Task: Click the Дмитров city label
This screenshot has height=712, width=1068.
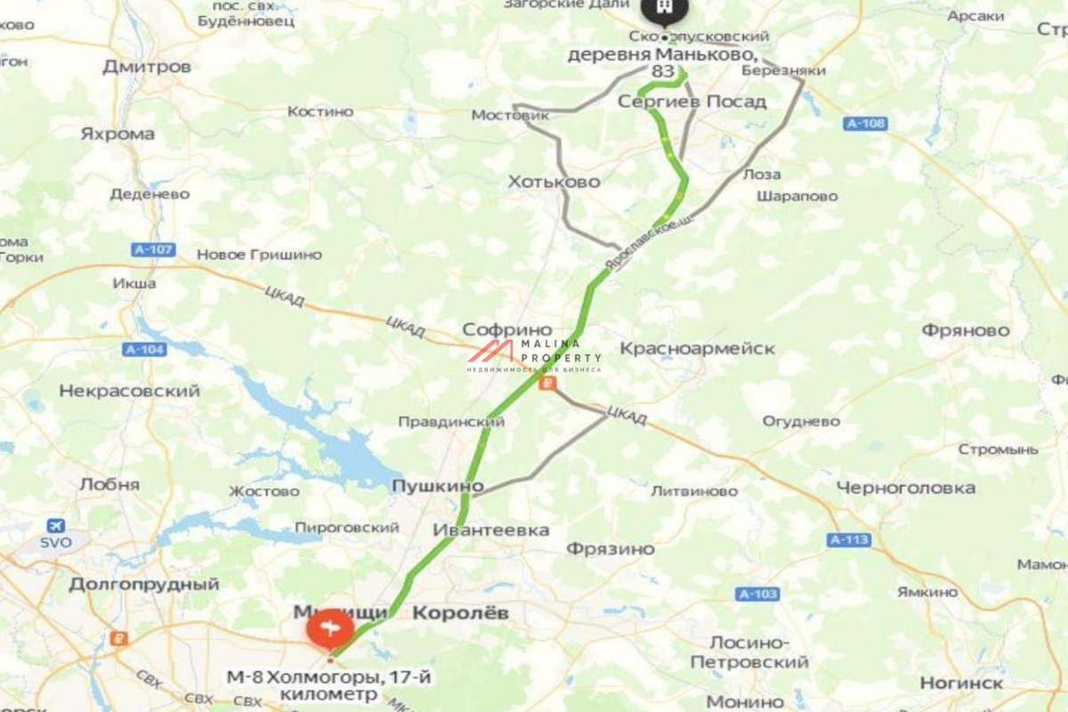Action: point(147,67)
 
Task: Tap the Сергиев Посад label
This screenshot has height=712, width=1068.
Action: point(692,101)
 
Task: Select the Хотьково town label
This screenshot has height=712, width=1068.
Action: point(554,182)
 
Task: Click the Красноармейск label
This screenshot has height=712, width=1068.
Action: point(697,348)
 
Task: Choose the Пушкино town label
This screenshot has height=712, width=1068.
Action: point(438,486)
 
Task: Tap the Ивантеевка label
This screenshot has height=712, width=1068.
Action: point(490,530)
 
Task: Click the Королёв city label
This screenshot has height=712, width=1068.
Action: point(461,612)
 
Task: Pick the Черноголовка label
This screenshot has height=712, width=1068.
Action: point(905,488)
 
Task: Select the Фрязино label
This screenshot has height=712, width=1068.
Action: point(611,548)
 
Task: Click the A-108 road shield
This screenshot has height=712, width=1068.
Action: point(865,124)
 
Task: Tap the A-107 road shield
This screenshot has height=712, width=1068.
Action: point(153,250)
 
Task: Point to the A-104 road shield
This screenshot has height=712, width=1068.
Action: point(145,350)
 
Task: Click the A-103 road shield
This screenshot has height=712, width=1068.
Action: point(757,594)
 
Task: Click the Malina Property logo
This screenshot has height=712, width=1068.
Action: point(535,355)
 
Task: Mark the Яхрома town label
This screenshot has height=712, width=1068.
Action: point(117,134)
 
